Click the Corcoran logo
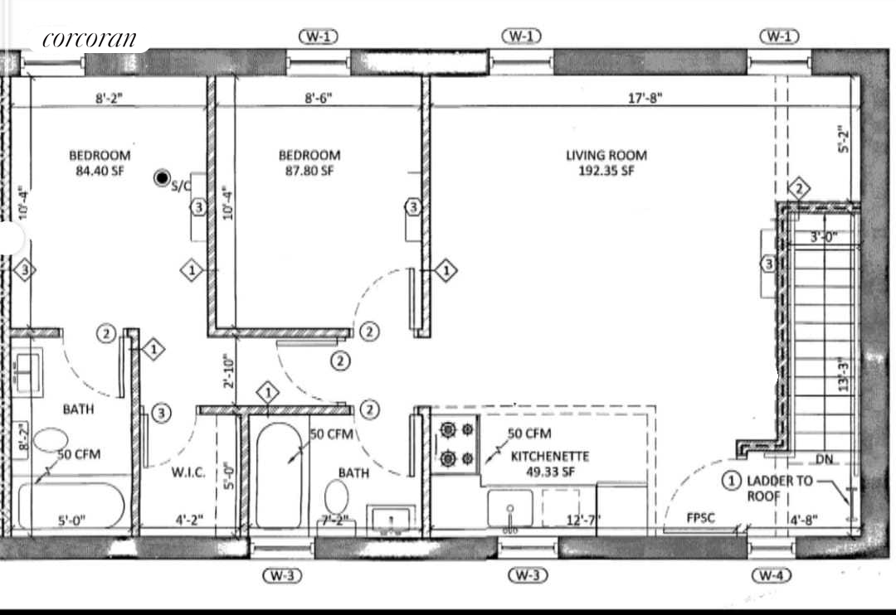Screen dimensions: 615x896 point(89,39)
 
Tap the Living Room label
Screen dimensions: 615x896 point(606,155)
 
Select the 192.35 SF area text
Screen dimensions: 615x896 point(606,172)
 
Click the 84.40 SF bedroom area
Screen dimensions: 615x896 point(100,172)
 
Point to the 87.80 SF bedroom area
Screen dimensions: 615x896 point(309,172)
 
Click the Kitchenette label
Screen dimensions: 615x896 point(549,456)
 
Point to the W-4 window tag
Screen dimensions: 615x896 point(772,575)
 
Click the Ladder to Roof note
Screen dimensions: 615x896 point(781,487)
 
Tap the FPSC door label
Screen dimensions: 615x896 point(701,519)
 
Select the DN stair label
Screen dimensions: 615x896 point(824,459)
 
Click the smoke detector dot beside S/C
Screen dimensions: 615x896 point(163,178)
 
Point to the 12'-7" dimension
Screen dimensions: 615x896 point(584,521)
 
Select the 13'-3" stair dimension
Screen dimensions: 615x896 point(844,375)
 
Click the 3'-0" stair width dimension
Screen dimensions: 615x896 point(823,237)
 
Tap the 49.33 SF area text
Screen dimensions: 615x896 point(549,472)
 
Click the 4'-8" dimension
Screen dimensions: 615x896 point(802,521)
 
